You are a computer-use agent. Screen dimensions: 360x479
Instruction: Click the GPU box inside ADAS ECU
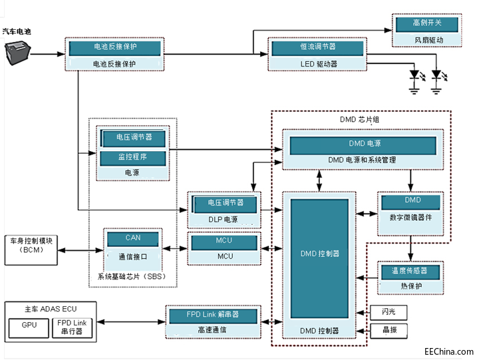(29, 326)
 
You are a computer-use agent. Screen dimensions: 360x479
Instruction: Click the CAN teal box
(133, 238)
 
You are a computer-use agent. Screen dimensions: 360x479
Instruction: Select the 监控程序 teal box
(132, 158)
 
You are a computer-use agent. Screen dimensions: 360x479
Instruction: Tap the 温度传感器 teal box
(411, 271)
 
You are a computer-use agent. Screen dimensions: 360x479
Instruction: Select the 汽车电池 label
(17, 31)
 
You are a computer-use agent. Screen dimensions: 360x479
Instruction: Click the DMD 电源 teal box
(365, 143)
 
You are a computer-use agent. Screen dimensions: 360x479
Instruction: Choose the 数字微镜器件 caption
(411, 217)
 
